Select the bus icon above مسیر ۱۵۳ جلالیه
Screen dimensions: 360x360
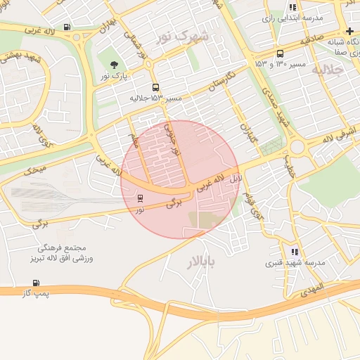[155, 89]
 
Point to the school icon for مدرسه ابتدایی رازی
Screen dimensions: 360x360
[292, 8]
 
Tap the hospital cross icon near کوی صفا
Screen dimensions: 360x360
[349, 32]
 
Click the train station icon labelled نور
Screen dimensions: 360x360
[139, 199]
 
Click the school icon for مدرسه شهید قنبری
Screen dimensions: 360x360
[294, 252]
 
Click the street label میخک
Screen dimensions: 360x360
[35, 169]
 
